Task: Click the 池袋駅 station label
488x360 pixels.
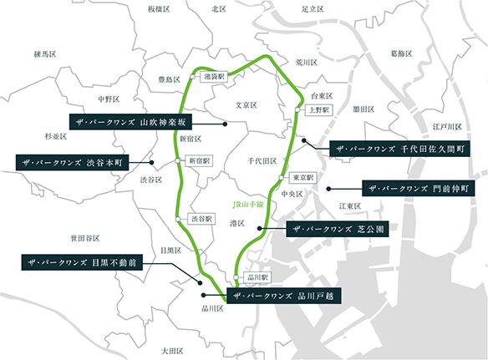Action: click(216, 75)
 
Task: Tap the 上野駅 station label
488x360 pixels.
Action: click(321, 109)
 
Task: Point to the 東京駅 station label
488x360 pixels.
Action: click(301, 179)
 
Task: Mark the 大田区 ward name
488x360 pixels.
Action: click(172, 351)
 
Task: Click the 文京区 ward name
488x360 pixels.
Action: click(245, 106)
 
